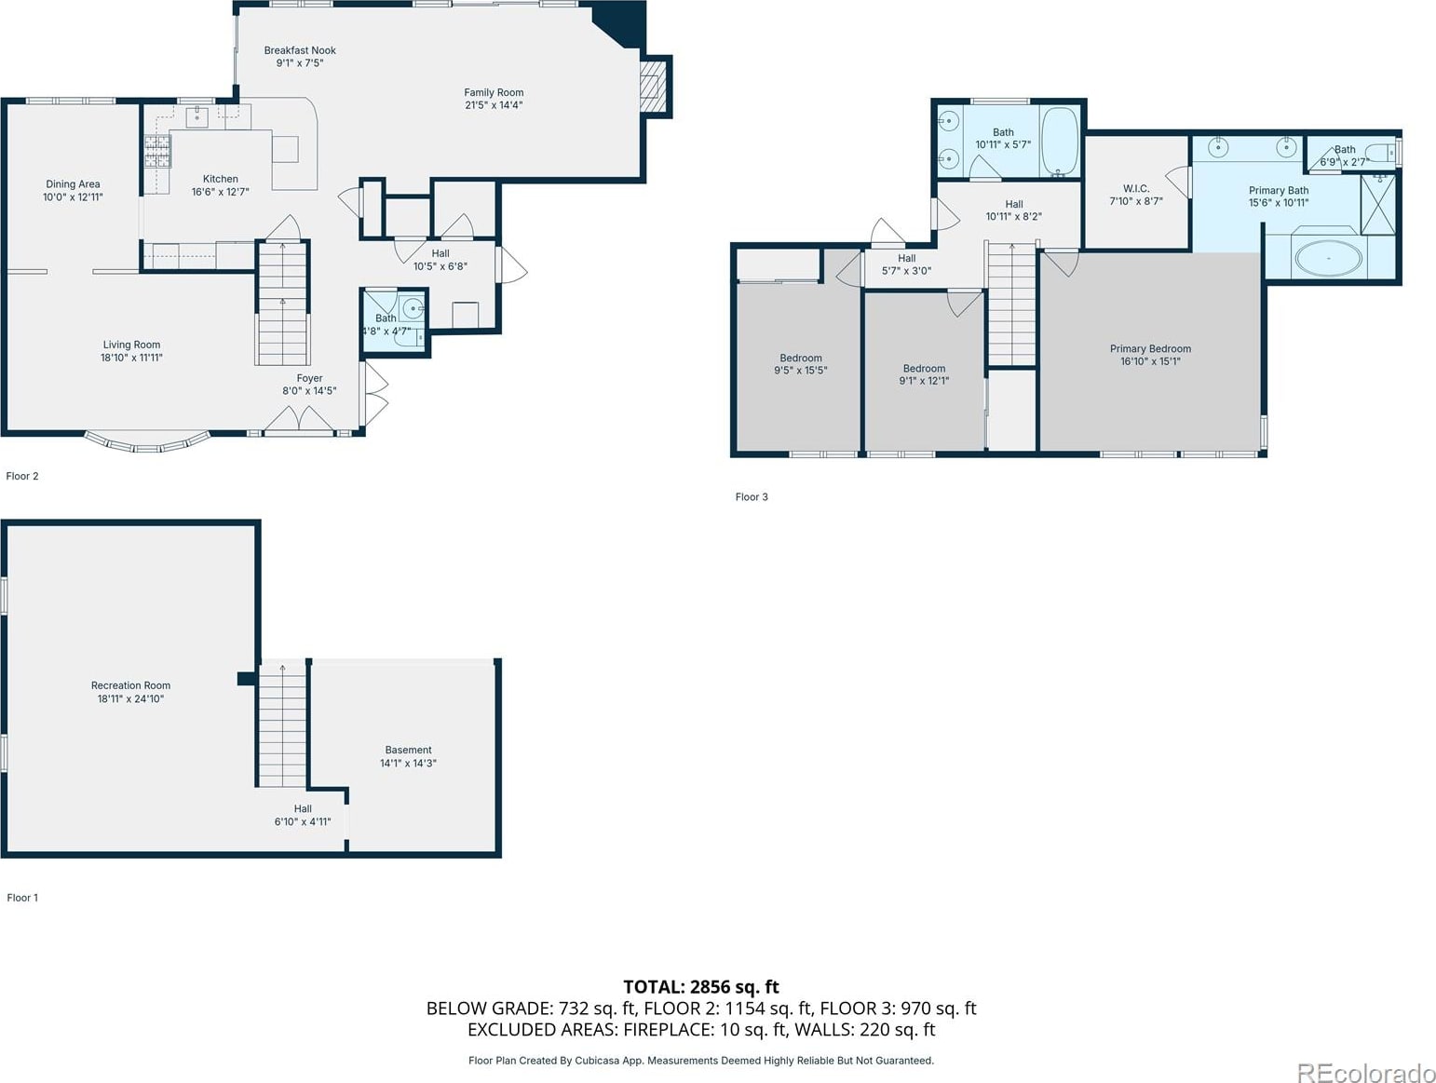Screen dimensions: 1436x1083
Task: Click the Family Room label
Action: point(494,92)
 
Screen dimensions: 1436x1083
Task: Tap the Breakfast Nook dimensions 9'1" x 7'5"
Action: point(300,63)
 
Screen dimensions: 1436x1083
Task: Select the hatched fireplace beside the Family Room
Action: point(652,87)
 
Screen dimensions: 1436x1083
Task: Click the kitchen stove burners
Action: point(157,151)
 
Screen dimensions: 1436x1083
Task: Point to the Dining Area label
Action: point(73,183)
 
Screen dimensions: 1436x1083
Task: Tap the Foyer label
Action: point(309,378)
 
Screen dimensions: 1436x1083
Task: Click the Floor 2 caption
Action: point(22,476)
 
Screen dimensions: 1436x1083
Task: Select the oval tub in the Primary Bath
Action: point(1329,259)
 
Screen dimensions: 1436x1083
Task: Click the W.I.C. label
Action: point(1136,188)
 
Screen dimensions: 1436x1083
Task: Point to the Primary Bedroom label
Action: point(1150,348)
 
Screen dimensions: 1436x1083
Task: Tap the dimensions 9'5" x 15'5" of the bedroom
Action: point(801,370)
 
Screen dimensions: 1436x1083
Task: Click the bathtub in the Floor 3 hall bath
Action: point(1059,142)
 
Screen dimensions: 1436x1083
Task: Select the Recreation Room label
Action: point(131,685)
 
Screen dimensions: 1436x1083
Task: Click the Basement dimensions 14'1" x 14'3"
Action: point(408,763)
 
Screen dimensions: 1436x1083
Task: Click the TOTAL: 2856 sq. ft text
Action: point(700,986)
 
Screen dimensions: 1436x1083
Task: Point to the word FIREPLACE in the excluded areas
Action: point(668,1029)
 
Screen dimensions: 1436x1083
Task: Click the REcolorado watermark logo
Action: point(1365,1073)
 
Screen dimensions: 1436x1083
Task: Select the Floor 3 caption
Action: point(752,497)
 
